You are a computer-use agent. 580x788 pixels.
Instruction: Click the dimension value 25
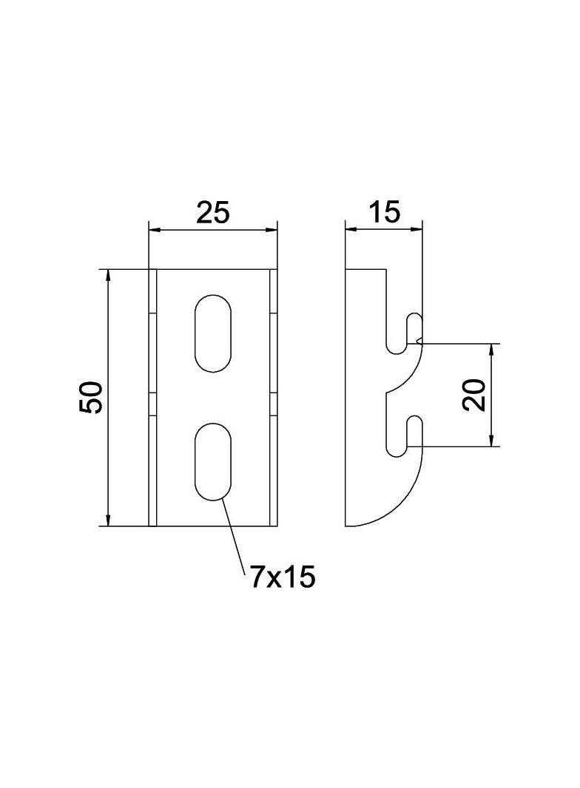[x=212, y=212]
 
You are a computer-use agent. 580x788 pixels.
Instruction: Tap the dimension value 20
[x=475, y=395]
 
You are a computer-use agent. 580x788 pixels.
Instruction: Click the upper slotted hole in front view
[x=213, y=333]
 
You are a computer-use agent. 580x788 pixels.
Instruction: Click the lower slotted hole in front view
[x=213, y=461]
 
